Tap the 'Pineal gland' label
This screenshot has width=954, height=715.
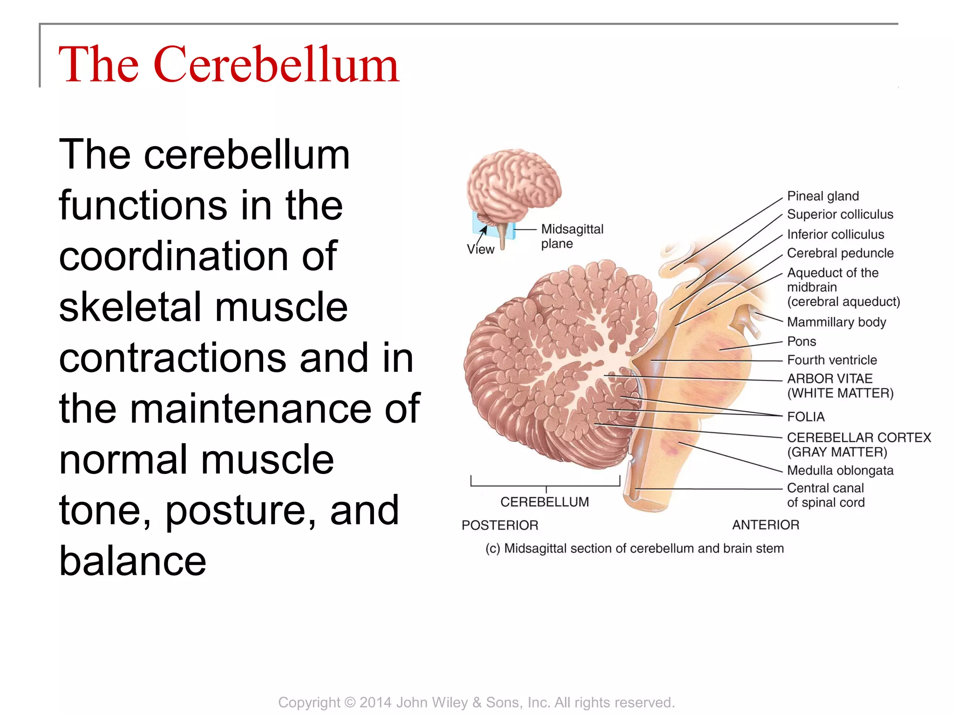pyautogui.click(x=823, y=196)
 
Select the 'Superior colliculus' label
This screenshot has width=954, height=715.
pyautogui.click(x=840, y=214)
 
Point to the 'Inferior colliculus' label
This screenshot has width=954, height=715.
pyautogui.click(x=835, y=234)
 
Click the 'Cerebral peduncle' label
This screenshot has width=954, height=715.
pyautogui.click(x=840, y=253)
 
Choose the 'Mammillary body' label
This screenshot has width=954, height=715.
pyautogui.click(x=836, y=322)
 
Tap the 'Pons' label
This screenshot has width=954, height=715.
pyautogui.click(x=801, y=341)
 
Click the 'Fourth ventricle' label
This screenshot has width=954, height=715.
pyautogui.click(x=831, y=360)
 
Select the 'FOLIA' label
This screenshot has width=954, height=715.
pyautogui.click(x=805, y=417)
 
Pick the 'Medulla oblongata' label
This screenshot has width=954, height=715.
pyautogui.click(x=840, y=470)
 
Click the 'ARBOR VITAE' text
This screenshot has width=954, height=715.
pyautogui.click(x=830, y=378)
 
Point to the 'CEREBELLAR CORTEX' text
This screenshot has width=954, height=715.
pyautogui.click(x=859, y=438)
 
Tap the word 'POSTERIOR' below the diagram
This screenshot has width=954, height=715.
pyautogui.click(x=500, y=525)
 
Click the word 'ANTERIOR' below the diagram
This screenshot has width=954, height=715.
pyautogui.click(x=765, y=525)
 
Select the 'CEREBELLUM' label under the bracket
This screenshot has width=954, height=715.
pyautogui.click(x=545, y=502)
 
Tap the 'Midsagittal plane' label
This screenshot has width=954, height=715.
pyautogui.click(x=572, y=236)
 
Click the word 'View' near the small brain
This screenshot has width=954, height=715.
pyautogui.click(x=480, y=250)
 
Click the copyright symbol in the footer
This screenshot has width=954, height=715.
pyautogui.click(x=350, y=702)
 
